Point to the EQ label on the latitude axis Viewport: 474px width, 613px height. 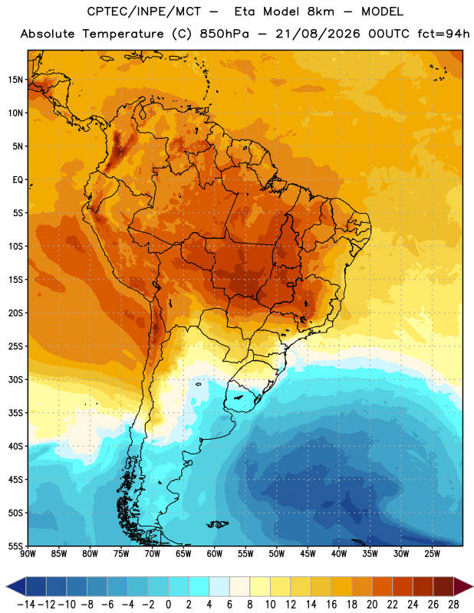[x=18, y=180]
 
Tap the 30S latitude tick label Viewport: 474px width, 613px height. [x=16, y=379]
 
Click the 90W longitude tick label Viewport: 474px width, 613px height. [x=28, y=554]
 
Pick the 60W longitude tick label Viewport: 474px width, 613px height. [x=215, y=554]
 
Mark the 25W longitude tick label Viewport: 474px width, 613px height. [x=432, y=554]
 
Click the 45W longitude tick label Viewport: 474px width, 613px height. [x=308, y=554]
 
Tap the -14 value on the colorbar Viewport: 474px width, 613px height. [x=27, y=605]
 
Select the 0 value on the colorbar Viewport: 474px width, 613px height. [x=168, y=605]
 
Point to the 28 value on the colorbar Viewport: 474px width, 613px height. [x=453, y=605]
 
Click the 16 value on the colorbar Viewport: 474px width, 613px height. [x=331, y=605]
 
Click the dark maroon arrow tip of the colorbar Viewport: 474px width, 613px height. [x=463, y=586]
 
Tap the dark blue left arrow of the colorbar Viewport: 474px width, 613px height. [x=16, y=586]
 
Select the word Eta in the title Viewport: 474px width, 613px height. [x=244, y=11]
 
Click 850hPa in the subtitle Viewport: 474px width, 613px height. [x=224, y=34]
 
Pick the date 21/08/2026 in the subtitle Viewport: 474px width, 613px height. [x=318, y=34]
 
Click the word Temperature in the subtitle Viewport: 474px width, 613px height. [x=123, y=34]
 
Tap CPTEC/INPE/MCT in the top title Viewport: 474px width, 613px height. [x=144, y=11]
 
